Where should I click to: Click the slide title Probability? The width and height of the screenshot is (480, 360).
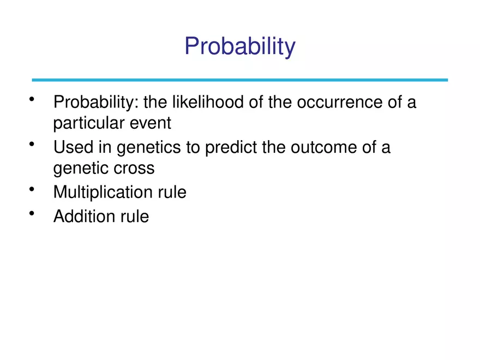[x=240, y=46]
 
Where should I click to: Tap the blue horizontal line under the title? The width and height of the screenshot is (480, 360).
[x=240, y=80]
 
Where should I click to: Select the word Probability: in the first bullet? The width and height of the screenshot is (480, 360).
[x=95, y=103]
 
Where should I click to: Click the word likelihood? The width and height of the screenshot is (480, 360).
[x=203, y=103]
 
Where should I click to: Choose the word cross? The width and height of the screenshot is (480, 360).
[x=135, y=168]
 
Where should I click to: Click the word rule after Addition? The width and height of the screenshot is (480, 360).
[x=134, y=216]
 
